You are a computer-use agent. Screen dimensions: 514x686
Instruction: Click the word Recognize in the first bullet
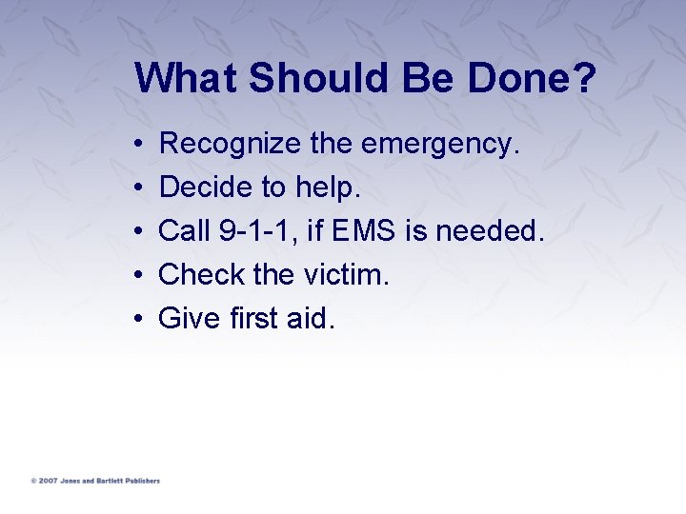(x=231, y=145)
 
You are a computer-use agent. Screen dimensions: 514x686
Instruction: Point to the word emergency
(x=439, y=145)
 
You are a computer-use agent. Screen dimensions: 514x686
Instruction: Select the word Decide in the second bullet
(x=196, y=188)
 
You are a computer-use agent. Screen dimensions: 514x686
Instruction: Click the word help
(x=328, y=188)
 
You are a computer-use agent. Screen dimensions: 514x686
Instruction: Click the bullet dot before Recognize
(x=139, y=146)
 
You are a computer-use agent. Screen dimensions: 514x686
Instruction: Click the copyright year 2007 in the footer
(x=49, y=481)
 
